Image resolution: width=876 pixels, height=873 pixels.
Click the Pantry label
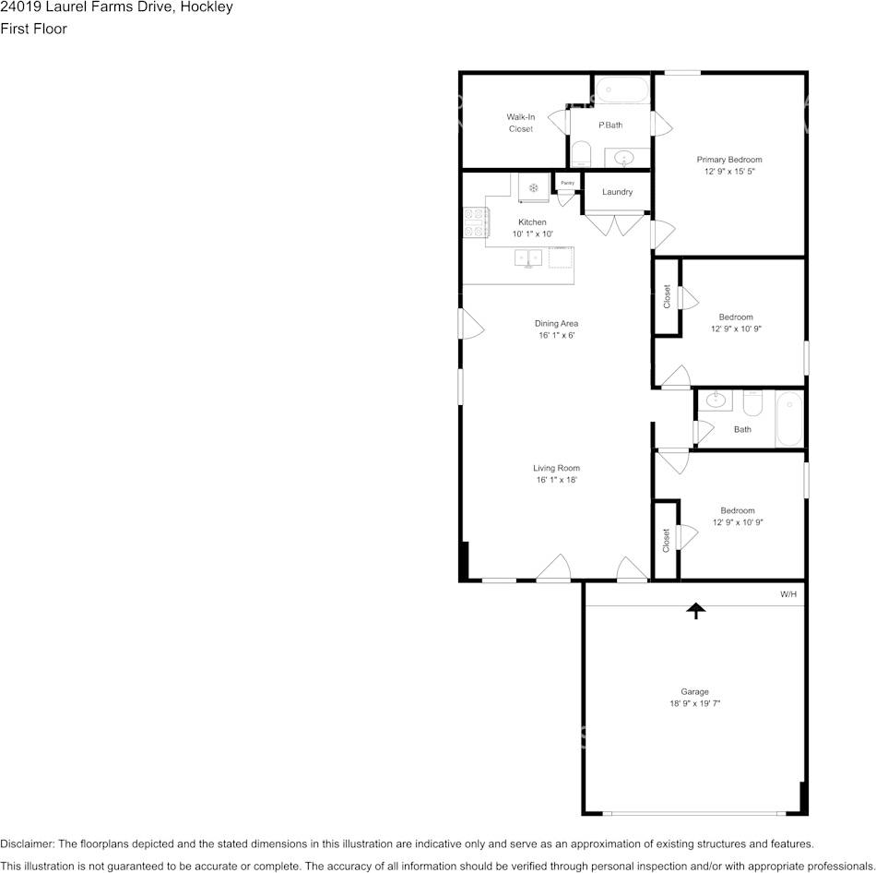point(568,183)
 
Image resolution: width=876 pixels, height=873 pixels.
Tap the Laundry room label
point(617,192)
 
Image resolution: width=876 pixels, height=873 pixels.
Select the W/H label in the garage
point(788,594)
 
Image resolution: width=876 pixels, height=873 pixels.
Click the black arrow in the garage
point(695,611)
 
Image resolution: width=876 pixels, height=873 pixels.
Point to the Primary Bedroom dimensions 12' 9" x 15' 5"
point(729,172)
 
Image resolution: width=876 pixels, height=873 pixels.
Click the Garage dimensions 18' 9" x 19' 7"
point(695,703)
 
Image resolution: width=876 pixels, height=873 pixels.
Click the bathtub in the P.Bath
point(622,90)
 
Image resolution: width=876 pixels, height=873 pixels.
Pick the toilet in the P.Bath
point(582,154)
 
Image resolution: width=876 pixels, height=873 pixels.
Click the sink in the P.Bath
point(623,159)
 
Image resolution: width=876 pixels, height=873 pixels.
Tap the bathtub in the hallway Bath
point(789,419)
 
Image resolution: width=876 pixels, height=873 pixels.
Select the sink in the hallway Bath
point(716,400)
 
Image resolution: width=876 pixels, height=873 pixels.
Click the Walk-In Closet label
point(521,123)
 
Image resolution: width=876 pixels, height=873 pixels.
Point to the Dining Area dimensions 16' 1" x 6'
point(557,336)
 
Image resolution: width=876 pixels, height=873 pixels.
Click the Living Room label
point(556,468)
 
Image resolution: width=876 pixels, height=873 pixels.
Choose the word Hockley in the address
point(207,7)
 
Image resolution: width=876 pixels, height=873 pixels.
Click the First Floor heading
point(33,30)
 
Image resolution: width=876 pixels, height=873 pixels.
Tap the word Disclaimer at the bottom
point(28,843)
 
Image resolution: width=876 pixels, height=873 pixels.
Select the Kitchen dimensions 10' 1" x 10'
point(533,234)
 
